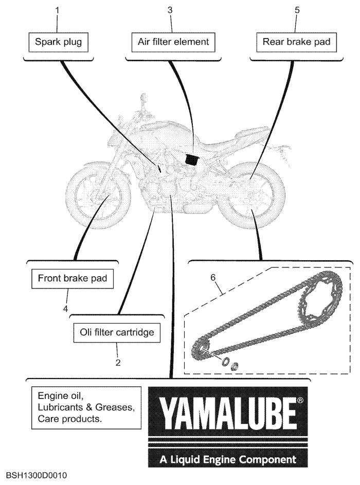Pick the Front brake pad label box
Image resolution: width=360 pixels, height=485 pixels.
(x=73, y=279)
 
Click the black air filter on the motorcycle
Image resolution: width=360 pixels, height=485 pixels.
(x=192, y=159)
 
